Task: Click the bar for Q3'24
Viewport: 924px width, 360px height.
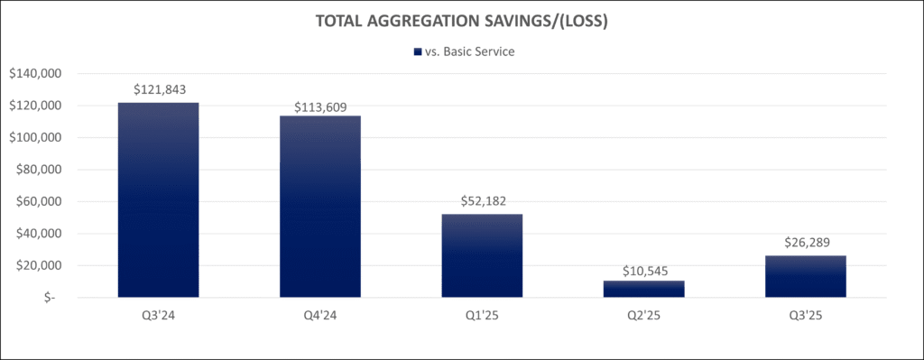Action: pos(159,199)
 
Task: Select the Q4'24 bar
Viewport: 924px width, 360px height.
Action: pos(320,207)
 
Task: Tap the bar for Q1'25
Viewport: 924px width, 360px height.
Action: pos(482,255)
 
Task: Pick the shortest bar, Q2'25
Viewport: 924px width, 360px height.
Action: pos(644,289)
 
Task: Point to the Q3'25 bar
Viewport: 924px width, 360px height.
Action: pos(806,276)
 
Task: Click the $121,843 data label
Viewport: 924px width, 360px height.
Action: pos(160,89)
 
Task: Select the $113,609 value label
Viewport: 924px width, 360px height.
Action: pos(320,107)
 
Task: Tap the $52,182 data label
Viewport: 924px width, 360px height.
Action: pos(482,201)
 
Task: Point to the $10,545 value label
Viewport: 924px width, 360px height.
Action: pos(644,272)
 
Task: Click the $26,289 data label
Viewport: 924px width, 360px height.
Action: pos(806,242)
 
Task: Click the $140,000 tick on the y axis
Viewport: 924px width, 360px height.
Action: pos(36,74)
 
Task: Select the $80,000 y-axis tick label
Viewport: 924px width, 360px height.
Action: pos(40,170)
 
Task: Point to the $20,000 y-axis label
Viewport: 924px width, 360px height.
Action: pos(40,266)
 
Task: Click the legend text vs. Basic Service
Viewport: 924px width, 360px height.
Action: pos(470,51)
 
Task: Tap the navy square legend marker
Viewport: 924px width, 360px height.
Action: pos(418,51)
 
